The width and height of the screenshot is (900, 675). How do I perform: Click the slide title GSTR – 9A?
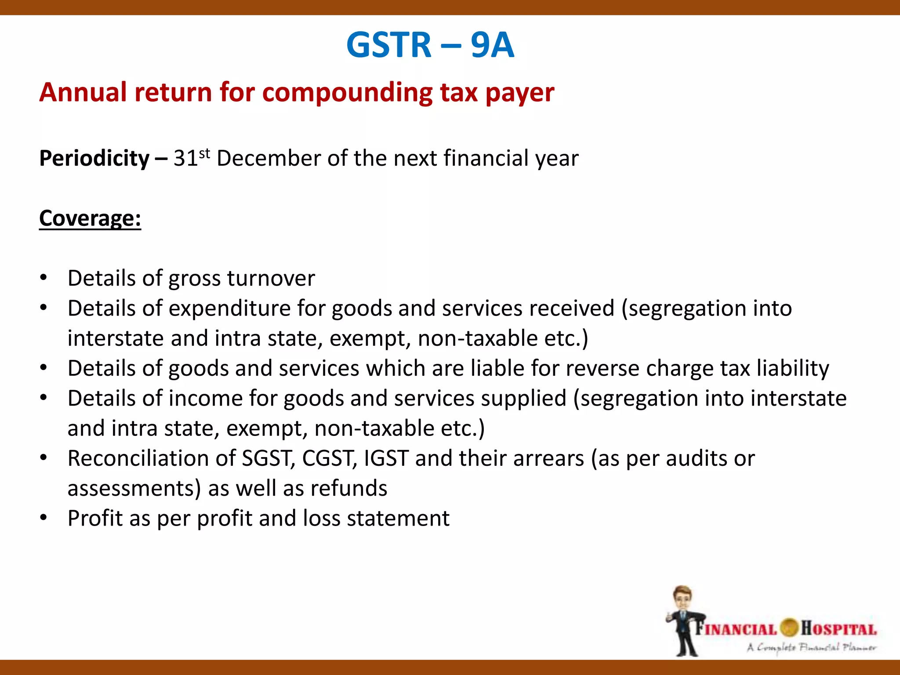(x=430, y=45)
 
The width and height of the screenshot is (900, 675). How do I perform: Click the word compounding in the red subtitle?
(x=347, y=93)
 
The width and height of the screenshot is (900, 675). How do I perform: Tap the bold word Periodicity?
(x=94, y=158)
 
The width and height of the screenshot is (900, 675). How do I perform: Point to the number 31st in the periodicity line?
(x=191, y=158)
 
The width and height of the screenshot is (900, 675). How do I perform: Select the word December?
(x=268, y=158)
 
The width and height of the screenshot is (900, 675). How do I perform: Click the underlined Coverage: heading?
(x=90, y=218)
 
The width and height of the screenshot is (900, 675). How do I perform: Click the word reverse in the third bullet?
(x=602, y=368)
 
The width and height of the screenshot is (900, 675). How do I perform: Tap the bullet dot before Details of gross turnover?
(x=43, y=278)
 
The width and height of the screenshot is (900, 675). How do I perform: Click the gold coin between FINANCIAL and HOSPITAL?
(x=789, y=628)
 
